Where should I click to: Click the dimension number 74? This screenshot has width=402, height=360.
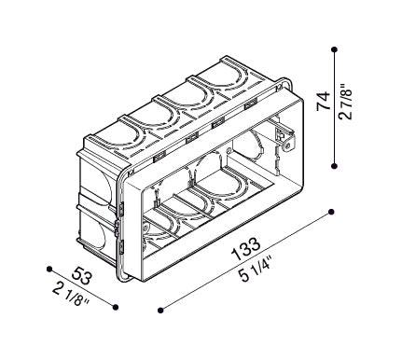[x=324, y=101]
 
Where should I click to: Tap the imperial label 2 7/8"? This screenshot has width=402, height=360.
[x=345, y=101]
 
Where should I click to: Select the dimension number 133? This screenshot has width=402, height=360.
[x=245, y=249]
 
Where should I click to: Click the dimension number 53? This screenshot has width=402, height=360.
[x=81, y=276]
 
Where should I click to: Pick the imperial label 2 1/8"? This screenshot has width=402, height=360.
[x=71, y=294]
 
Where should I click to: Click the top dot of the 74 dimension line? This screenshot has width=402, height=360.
[x=335, y=49]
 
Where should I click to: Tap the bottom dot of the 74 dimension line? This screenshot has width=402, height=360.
[x=334, y=166]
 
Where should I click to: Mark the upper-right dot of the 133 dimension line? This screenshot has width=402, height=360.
[x=331, y=212]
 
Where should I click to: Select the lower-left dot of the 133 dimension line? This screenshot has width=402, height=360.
[x=160, y=310]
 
